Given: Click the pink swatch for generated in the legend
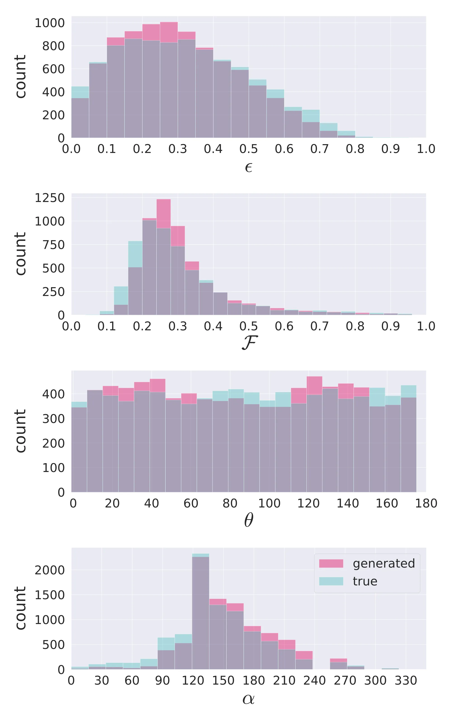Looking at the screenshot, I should pyautogui.click(x=331, y=563).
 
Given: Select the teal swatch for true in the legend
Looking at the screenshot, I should pyautogui.click(x=331, y=581).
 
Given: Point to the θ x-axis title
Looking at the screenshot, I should pyautogui.click(x=248, y=520).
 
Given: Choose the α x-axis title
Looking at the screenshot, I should pyautogui.click(x=248, y=699).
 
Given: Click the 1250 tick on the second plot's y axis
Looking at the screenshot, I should pyautogui.click(x=50, y=198).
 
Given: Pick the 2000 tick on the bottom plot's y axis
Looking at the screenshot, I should pyautogui.click(x=50, y=570).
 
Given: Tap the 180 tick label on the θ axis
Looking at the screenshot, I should pyautogui.click(x=426, y=503).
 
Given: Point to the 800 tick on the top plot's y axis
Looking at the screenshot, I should pyautogui.click(x=53, y=46).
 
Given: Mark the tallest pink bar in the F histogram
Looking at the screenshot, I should pyautogui.click(x=164, y=257).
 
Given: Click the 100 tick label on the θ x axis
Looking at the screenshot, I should pyautogui.click(x=269, y=503).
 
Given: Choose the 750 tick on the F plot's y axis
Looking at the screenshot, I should pyautogui.click(x=53, y=245).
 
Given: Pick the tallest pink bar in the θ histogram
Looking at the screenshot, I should pyautogui.click(x=314, y=433).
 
